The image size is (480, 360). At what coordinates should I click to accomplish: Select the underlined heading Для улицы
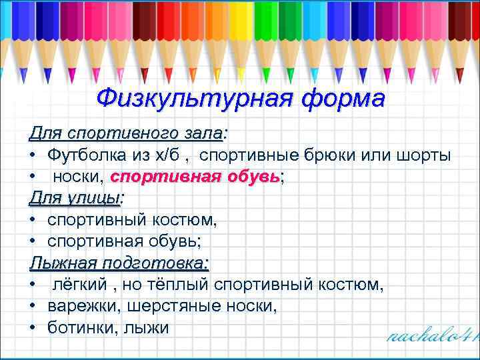(75, 199)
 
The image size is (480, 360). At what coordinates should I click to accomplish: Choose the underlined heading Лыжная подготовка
(119, 264)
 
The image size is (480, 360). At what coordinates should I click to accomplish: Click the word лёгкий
(80, 285)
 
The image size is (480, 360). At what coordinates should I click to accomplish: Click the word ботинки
(77, 329)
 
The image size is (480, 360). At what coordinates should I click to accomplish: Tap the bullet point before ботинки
(33, 329)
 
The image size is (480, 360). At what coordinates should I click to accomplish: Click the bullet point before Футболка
(33, 156)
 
